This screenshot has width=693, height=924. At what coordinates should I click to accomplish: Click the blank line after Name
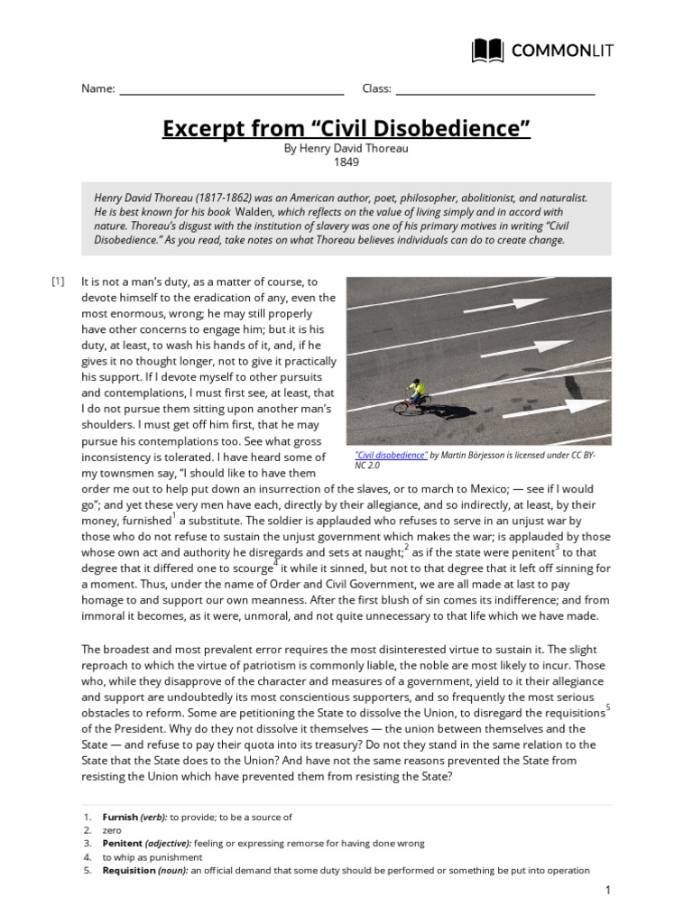click(231, 89)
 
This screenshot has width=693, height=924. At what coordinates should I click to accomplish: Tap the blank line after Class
click(495, 89)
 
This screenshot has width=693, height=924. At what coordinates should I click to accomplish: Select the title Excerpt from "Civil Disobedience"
click(346, 129)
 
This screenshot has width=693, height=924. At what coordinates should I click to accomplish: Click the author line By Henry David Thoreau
click(346, 148)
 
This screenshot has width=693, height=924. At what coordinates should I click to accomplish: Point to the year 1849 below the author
click(346, 162)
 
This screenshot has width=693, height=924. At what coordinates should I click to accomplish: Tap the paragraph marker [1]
click(59, 281)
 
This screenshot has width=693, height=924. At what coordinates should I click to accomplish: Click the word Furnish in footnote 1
click(120, 817)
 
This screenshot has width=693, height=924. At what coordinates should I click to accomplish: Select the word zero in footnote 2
click(112, 830)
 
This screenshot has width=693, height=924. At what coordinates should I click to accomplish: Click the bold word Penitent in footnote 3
click(123, 844)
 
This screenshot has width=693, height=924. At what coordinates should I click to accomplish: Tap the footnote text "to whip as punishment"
click(152, 857)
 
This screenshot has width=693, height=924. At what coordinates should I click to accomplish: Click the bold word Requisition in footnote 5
click(129, 871)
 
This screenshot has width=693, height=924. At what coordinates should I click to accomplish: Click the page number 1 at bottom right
click(608, 891)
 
